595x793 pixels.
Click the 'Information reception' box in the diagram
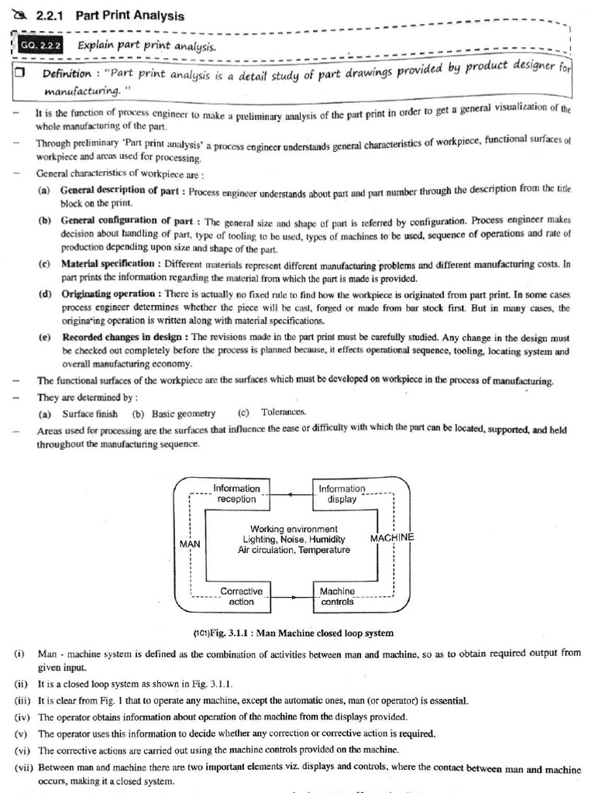(236, 494)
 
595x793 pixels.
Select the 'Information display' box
(342, 494)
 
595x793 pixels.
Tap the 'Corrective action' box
(241, 596)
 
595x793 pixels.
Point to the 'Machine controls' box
(337, 596)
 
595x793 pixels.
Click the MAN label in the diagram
(190, 544)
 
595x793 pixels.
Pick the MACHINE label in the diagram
(392, 537)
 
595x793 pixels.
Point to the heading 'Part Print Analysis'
(130, 15)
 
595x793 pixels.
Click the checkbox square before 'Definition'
(20, 73)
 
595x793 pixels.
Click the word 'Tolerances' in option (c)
(284, 412)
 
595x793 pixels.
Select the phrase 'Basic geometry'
(184, 414)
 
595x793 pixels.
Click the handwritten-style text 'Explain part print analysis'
(146, 46)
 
